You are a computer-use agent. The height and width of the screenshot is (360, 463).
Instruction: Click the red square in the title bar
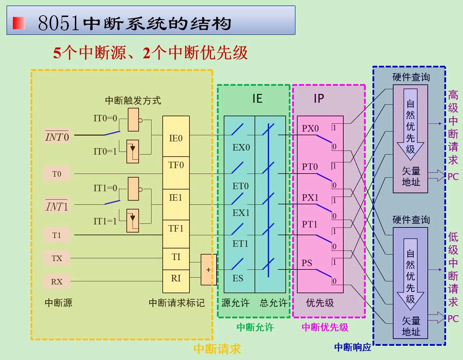coord(19,23)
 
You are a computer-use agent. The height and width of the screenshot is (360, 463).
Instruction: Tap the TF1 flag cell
coord(176,229)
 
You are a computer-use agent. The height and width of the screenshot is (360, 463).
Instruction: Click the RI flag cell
coord(176,279)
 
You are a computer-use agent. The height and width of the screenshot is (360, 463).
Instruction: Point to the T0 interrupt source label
coord(57,174)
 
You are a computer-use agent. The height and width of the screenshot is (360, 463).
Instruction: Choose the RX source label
coord(57,282)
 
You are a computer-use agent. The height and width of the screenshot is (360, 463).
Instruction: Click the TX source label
coord(57,258)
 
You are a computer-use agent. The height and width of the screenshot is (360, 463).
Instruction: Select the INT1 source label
coord(57,206)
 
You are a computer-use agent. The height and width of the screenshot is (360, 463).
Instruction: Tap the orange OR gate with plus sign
coord(208,270)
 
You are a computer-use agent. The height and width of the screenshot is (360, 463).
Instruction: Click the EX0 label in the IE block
coord(241,147)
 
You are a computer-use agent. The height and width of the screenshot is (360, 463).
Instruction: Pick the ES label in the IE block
coord(238,278)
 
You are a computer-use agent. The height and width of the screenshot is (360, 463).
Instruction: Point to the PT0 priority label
coord(310,167)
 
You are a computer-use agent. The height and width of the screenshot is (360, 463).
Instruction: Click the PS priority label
coord(307,263)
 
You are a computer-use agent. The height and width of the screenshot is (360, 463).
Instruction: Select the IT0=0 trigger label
coord(105,118)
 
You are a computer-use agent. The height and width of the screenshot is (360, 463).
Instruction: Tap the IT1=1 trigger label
coord(105,221)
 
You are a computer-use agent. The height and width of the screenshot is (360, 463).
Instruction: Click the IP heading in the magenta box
coord(319,99)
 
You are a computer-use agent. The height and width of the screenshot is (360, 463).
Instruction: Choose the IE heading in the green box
coord(257,99)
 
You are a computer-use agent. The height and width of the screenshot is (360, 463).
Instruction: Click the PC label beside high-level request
coord(453,177)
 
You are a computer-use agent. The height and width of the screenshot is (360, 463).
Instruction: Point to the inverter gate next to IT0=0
coord(133,120)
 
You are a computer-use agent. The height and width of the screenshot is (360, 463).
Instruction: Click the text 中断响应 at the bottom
coord(353,347)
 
